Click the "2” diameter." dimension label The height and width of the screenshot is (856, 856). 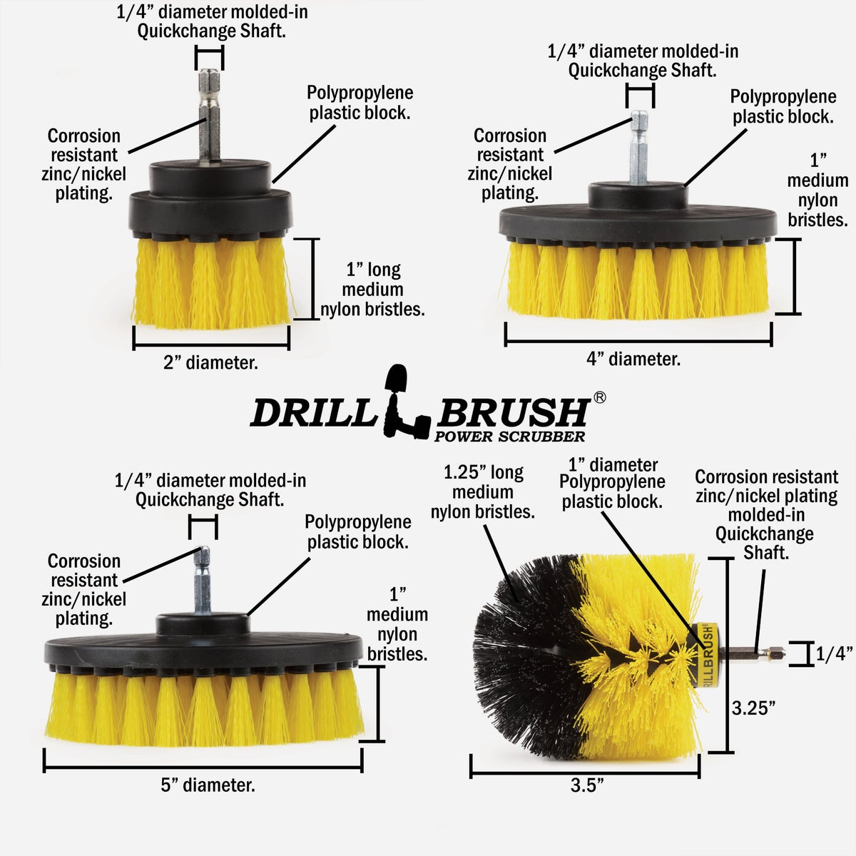point(210,362)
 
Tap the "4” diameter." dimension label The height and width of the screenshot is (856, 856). point(633,359)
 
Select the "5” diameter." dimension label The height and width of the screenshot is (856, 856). point(208,785)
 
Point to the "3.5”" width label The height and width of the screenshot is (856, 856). point(587,785)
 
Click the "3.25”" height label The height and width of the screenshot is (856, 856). point(753,708)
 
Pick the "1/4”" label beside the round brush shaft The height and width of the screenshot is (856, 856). point(834,653)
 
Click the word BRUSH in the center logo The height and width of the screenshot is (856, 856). point(514,412)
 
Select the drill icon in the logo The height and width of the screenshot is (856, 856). point(405,403)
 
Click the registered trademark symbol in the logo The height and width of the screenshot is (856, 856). point(599,397)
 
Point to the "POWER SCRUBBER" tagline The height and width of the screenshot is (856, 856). point(509,437)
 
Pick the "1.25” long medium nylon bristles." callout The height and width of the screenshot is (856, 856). point(483,492)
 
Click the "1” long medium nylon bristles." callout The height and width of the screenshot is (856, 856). point(372,290)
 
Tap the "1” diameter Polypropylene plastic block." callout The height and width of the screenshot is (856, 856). point(612,483)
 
